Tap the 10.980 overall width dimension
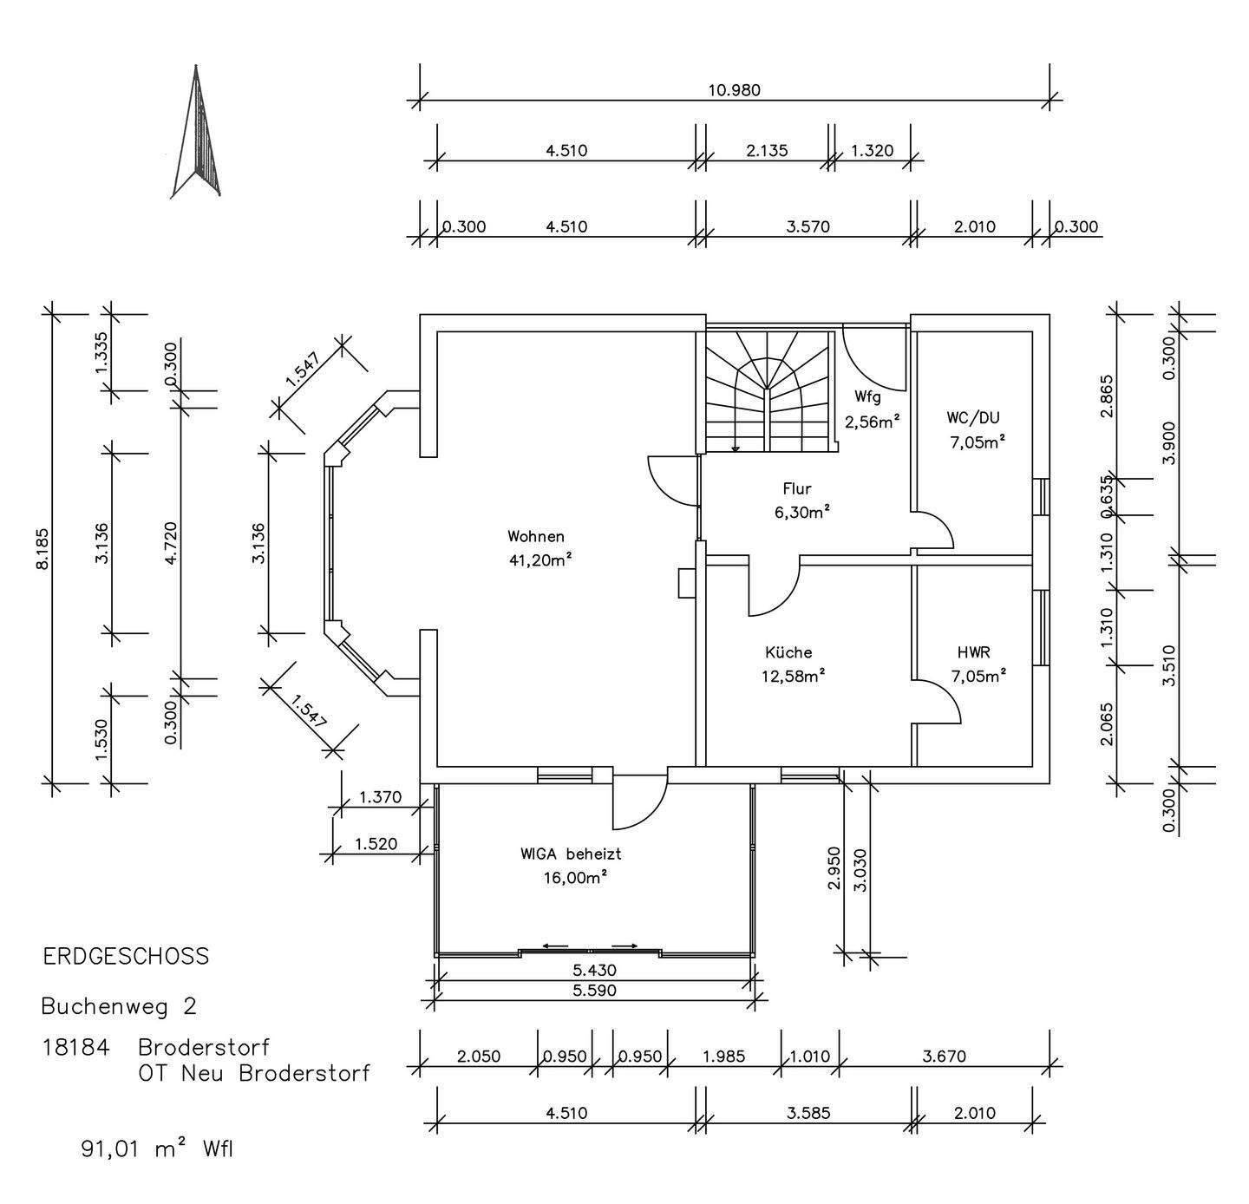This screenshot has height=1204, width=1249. pyautogui.click(x=734, y=90)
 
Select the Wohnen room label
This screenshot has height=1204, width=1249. pyautogui.click(x=536, y=536)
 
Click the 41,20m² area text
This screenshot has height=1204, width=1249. pyautogui.click(x=540, y=559)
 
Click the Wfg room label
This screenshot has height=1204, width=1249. pyautogui.click(x=867, y=397)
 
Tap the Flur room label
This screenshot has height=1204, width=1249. pyautogui.click(x=796, y=489)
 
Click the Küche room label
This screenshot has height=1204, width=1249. pyautogui.click(x=788, y=652)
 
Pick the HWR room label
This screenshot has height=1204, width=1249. pyautogui.click(x=973, y=652)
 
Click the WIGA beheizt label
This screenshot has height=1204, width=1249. pyautogui.click(x=571, y=854)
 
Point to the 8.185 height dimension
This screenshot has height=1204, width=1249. pyautogui.click(x=42, y=549)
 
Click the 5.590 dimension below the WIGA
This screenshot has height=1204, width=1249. pyautogui.click(x=594, y=991)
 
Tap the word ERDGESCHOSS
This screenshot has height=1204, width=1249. pyautogui.click(x=126, y=957)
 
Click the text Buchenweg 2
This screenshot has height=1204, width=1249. pyautogui.click(x=119, y=1006)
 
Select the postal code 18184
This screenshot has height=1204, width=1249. pyautogui.click(x=75, y=1047)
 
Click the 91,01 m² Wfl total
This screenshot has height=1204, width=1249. pyautogui.click(x=158, y=1149)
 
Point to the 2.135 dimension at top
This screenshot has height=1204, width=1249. pyautogui.click(x=767, y=150)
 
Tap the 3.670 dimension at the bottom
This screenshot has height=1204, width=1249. pyautogui.click(x=944, y=1057)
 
